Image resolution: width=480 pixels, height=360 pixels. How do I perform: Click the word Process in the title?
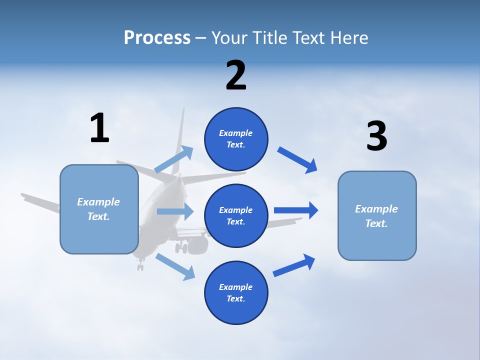(x=157, y=37)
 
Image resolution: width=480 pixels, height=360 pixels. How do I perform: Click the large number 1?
(x=99, y=128)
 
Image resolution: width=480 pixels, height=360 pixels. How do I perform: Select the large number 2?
(x=236, y=75)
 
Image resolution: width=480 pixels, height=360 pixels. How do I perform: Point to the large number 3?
(x=376, y=136)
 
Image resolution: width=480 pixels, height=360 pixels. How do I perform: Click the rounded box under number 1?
(x=99, y=209)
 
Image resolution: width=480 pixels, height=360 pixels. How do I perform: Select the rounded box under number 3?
(x=377, y=215)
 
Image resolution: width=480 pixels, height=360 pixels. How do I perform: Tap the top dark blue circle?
(x=236, y=139)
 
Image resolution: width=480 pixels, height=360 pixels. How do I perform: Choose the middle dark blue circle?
(x=236, y=215)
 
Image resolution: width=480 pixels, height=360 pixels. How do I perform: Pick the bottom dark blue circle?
(x=236, y=292)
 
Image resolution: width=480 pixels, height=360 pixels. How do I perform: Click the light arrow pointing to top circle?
(x=174, y=159)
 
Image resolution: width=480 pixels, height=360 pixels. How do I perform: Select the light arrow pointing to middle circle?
(x=175, y=211)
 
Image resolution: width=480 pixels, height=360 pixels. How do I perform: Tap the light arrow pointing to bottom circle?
(x=175, y=266)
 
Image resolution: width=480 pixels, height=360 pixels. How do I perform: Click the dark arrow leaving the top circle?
(x=297, y=159)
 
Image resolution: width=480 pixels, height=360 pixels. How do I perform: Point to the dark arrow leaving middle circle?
(x=296, y=210)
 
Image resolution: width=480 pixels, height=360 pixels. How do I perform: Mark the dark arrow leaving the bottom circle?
(x=294, y=265)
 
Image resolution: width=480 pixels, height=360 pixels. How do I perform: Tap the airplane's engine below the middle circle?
(x=197, y=244)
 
